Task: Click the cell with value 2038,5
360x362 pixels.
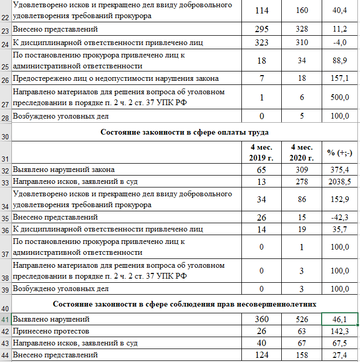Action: click(340, 182)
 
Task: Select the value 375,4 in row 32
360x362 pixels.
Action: click(340, 170)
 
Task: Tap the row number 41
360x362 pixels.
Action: click(6, 320)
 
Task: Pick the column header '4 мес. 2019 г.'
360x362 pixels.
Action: click(261, 152)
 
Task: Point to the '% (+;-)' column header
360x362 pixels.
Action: click(340, 152)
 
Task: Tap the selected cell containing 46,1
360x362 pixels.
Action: click(340, 319)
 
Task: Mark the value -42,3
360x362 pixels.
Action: click(340, 218)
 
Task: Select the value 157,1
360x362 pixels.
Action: click(340, 79)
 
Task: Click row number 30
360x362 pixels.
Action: click(6, 137)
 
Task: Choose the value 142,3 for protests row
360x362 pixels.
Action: click(340, 331)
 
